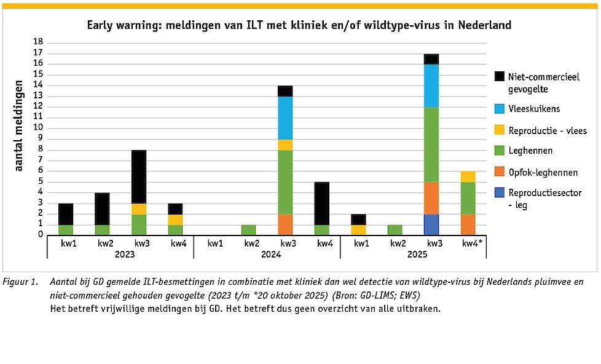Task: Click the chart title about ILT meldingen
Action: coord(299,25)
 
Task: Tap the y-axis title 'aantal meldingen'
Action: coord(19,125)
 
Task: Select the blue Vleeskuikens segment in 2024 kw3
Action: coord(285,118)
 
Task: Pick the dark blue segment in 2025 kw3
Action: coord(431,224)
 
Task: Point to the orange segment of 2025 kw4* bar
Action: coord(468,224)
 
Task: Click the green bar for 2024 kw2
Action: coord(248,229)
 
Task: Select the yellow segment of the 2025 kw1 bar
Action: coord(358,229)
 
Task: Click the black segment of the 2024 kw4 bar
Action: coord(321,203)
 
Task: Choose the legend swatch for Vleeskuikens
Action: coord(499,109)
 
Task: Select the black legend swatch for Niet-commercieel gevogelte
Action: coord(499,76)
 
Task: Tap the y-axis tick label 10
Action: coord(38,127)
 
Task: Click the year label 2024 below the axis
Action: coord(266,255)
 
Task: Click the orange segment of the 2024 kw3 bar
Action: coord(285,224)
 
